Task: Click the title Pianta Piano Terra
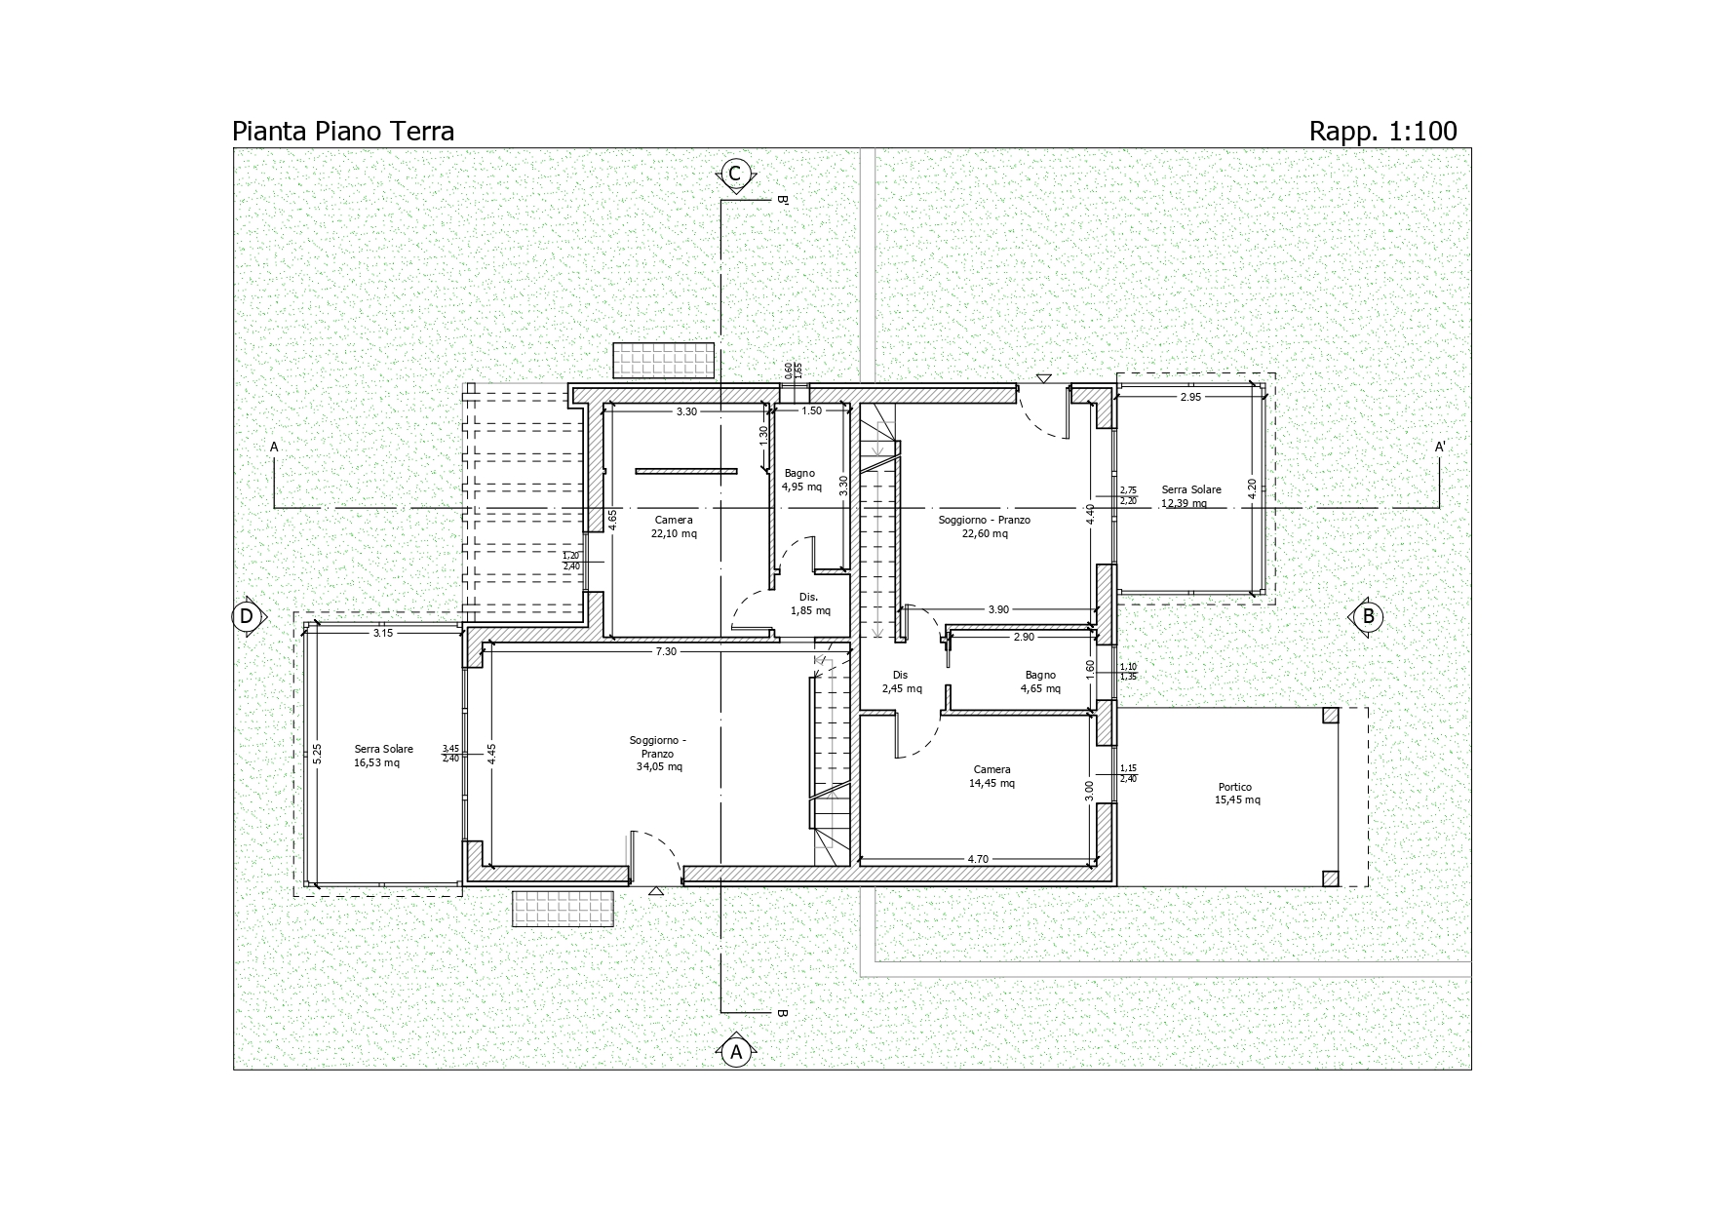pyautogui.click(x=343, y=131)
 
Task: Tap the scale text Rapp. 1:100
pyautogui.click(x=1382, y=131)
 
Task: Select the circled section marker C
pyautogui.click(x=735, y=174)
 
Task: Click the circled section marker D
pyautogui.click(x=247, y=616)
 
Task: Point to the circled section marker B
pyautogui.click(x=1368, y=616)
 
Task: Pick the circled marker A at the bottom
pyautogui.click(x=736, y=1052)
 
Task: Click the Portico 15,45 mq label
pyautogui.click(x=1236, y=794)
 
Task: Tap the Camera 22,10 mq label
pyautogui.click(x=674, y=526)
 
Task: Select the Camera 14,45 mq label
pyautogui.click(x=992, y=776)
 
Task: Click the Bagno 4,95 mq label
pyautogui.click(x=800, y=480)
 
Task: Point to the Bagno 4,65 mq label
pyautogui.click(x=1040, y=682)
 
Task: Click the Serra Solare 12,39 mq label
pyautogui.click(x=1190, y=496)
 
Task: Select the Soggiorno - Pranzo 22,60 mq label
pyautogui.click(x=984, y=526)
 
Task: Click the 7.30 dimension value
pyautogui.click(x=666, y=651)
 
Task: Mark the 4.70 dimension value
pyautogui.click(x=978, y=859)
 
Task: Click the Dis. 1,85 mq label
pyautogui.click(x=809, y=604)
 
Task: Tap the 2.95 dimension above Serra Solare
pyautogui.click(x=1190, y=397)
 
